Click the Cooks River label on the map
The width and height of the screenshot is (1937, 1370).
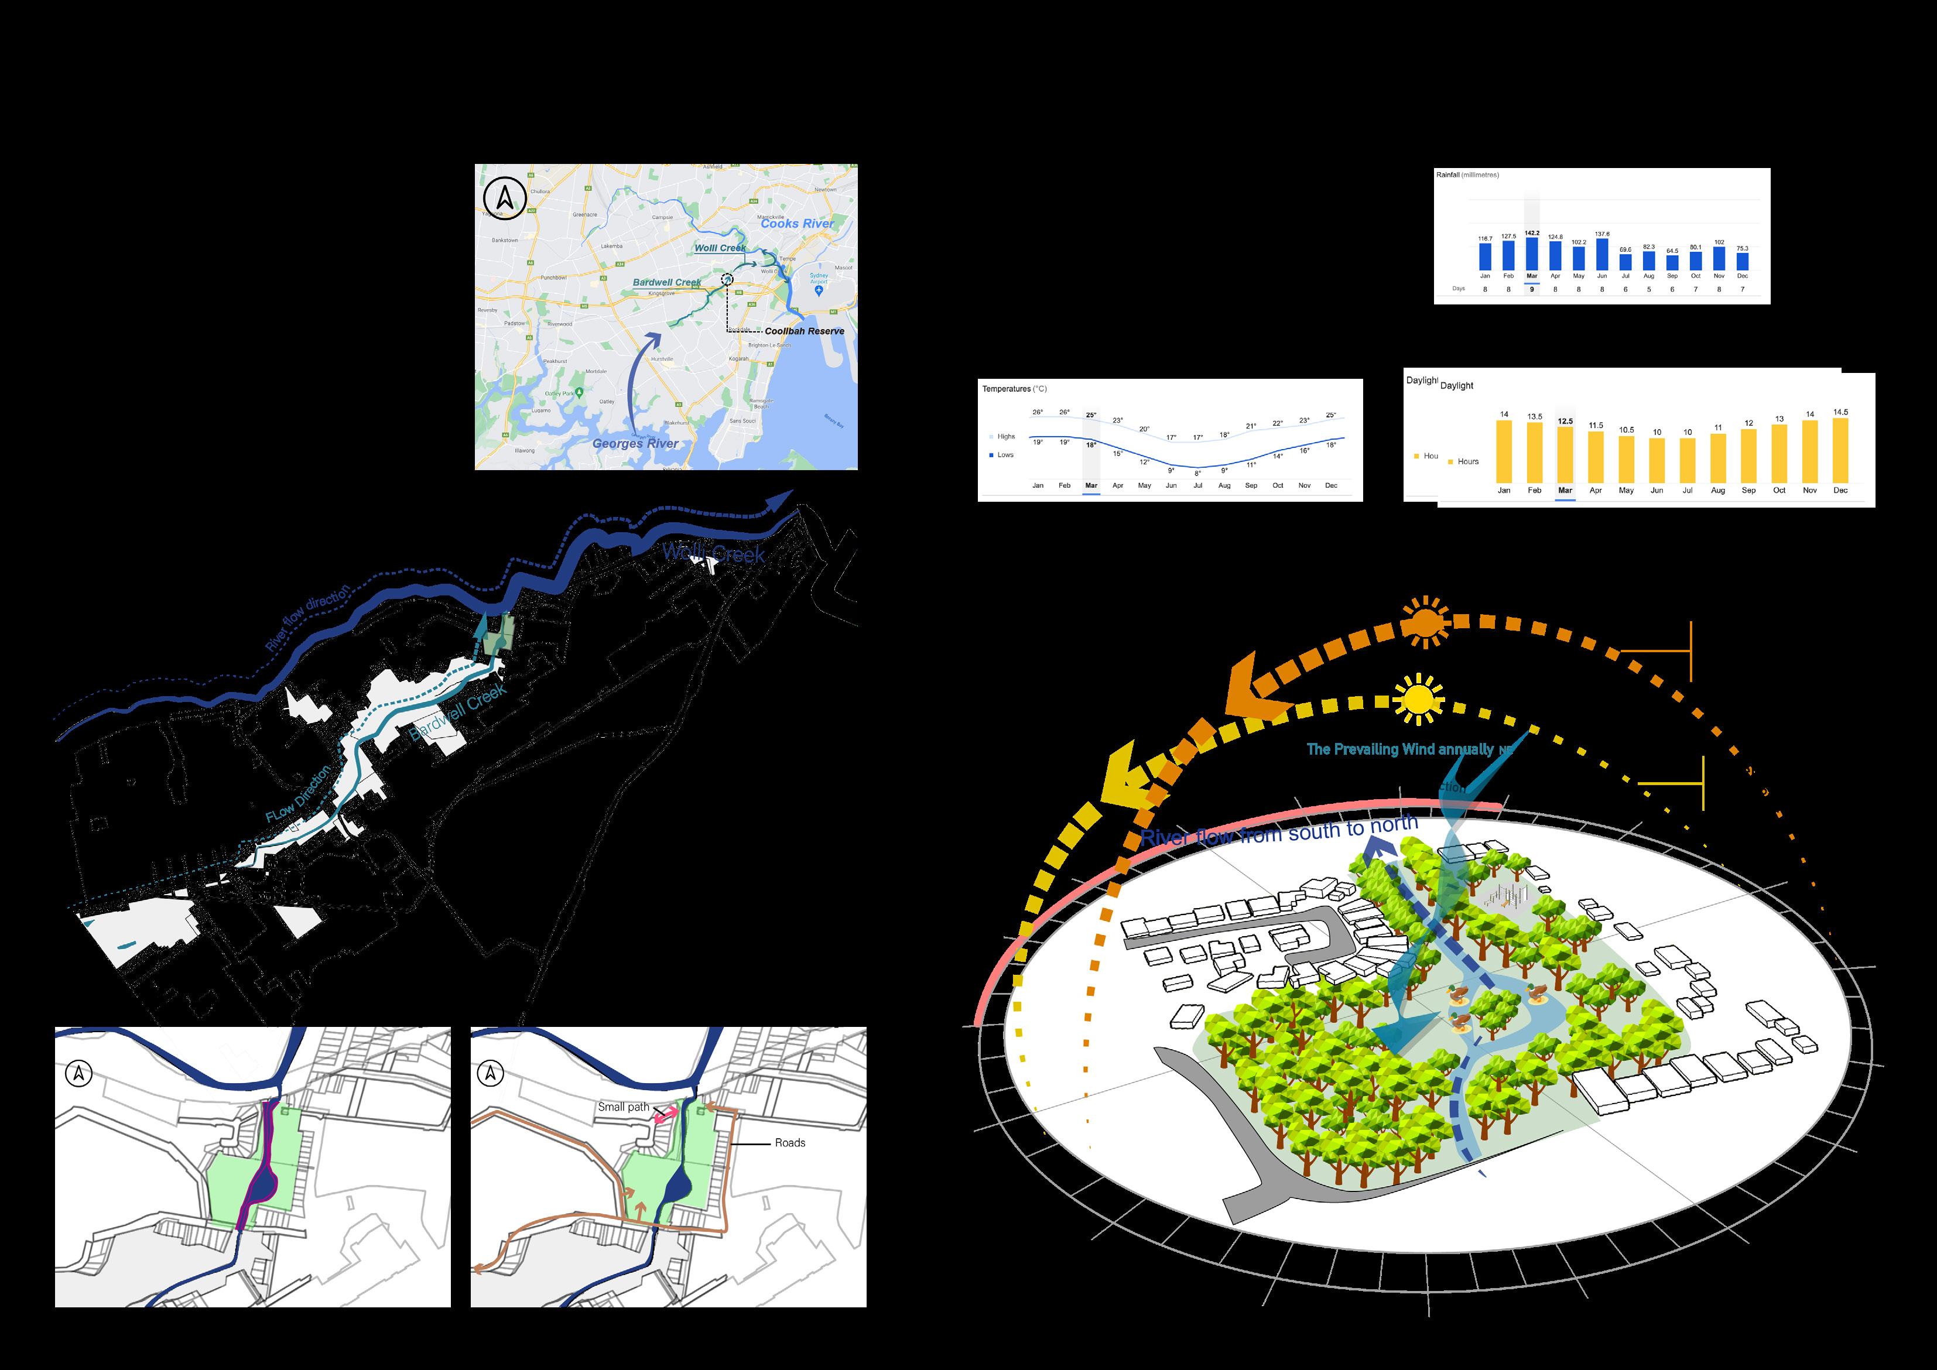[x=796, y=224]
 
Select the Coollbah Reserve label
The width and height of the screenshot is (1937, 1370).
[x=804, y=331]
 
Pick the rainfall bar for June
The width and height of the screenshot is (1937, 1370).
[x=1602, y=255]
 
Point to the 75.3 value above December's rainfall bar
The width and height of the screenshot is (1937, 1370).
[x=1742, y=249]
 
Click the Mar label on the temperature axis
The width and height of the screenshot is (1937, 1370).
[x=1091, y=486]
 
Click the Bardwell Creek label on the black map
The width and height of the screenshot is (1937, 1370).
[x=457, y=712]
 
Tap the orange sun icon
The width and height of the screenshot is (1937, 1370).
[x=1425, y=622]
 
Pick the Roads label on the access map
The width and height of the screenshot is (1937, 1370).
[x=790, y=1143]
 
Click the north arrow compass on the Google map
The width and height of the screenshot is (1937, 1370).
[x=505, y=199]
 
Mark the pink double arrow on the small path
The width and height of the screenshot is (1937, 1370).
[x=666, y=1114]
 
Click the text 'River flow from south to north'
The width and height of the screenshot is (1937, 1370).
[x=1278, y=832]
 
